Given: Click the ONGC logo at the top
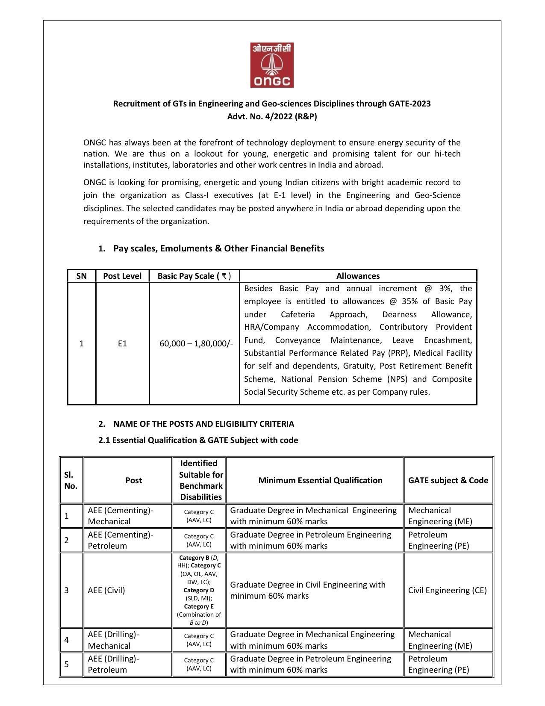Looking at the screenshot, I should [272, 65].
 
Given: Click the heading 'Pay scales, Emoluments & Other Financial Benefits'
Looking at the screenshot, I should [218, 248].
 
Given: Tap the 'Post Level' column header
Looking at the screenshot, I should [122, 276].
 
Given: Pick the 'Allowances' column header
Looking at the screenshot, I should [358, 276].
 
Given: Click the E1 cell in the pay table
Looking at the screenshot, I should [122, 343].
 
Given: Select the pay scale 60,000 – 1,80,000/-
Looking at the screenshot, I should [196, 343].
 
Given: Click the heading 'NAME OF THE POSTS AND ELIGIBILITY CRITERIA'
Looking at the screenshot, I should [203, 424].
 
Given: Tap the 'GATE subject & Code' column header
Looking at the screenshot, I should [448, 480].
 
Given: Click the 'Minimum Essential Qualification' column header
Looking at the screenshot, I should [320, 480].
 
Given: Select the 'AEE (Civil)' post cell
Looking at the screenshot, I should [106, 590].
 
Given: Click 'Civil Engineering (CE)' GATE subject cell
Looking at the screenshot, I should [447, 590].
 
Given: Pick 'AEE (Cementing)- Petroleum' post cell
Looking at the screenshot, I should [120, 540].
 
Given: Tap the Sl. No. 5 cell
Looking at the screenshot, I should [67, 664].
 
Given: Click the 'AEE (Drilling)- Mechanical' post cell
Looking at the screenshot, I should [113, 640].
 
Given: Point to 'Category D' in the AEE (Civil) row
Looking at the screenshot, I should [199, 590].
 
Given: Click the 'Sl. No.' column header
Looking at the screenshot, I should [71, 480].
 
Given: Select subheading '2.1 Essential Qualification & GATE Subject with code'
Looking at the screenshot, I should [198, 440].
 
